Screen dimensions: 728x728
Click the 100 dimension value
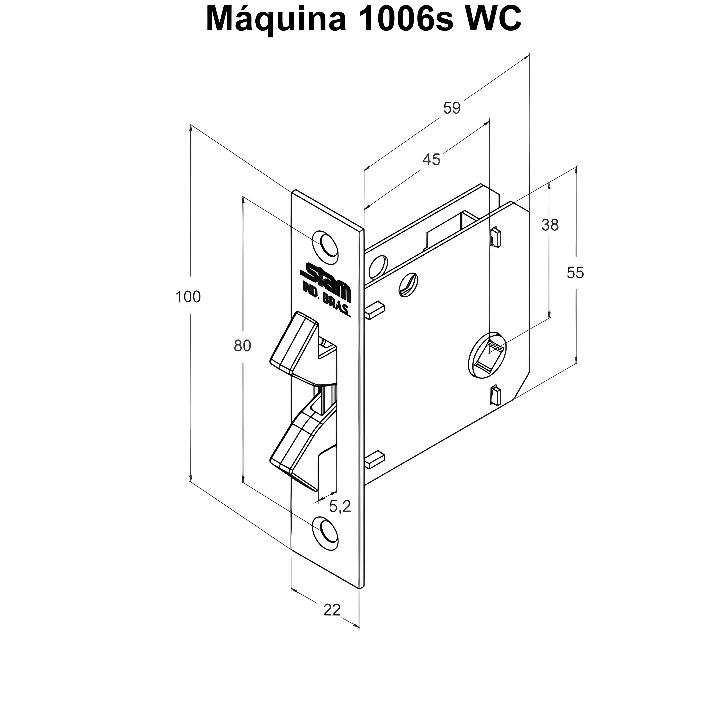tap(188, 297)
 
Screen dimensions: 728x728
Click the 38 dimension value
tap(550, 225)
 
